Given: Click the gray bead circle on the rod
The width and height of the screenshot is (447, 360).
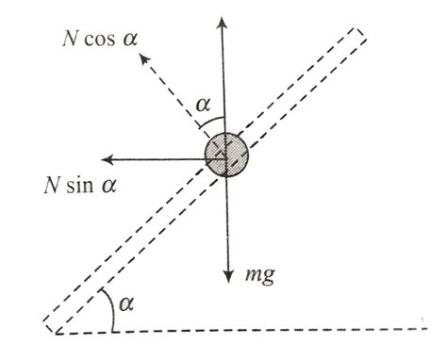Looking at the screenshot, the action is tap(227, 153).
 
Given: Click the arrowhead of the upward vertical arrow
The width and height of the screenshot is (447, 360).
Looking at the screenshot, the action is tap(223, 21).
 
